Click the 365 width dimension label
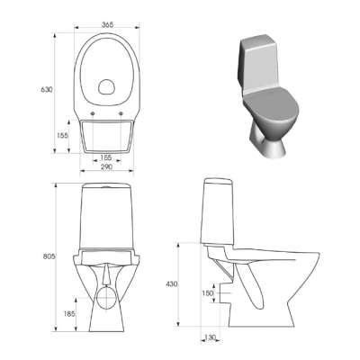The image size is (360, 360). (x=107, y=24)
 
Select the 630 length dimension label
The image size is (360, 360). (x=47, y=89)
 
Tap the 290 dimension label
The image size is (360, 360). (x=106, y=166)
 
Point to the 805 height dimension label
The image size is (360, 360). (x=49, y=256)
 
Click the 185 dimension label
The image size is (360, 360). (x=69, y=314)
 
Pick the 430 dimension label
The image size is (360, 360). (x=171, y=284)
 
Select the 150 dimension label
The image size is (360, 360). (x=207, y=293)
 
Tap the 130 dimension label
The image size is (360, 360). (x=210, y=337)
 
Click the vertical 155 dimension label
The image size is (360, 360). (x=62, y=136)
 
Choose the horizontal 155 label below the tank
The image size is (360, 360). (x=105, y=157)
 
